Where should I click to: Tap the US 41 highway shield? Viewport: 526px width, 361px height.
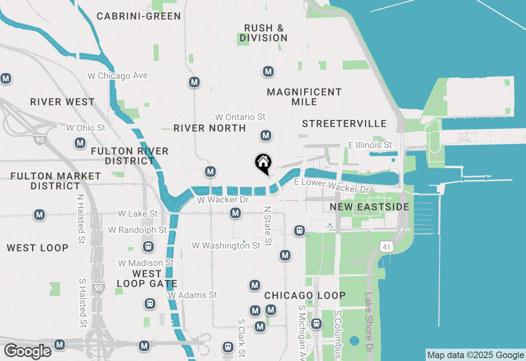(387, 246)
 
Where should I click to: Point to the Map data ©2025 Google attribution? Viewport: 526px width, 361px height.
(475, 355)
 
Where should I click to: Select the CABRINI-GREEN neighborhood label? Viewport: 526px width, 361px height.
(139, 16)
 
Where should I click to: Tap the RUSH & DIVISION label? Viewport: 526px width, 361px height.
(264, 33)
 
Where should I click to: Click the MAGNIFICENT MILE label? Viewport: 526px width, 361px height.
(304, 97)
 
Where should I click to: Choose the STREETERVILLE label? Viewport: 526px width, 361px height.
(344, 124)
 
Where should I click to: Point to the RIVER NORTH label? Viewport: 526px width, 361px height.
(210, 128)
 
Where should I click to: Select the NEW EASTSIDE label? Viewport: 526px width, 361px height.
(369, 207)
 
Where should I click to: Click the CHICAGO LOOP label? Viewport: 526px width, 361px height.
(305, 295)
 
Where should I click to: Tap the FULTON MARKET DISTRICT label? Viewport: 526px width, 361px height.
(55, 181)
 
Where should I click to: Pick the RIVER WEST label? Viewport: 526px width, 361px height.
(62, 102)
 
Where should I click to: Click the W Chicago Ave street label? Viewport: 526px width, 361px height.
(118, 76)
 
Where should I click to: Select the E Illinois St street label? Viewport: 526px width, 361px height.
(370, 145)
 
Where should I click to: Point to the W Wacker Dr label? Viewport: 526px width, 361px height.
(223, 200)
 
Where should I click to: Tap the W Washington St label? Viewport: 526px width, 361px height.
(226, 246)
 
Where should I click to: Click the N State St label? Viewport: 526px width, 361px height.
(268, 226)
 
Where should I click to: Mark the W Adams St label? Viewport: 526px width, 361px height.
(192, 295)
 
